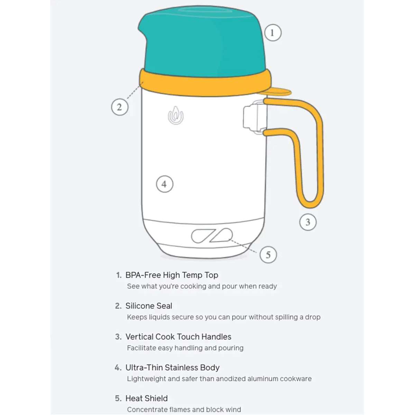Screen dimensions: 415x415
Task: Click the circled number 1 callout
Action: tap(273, 33)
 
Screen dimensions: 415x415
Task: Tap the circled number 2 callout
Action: tap(120, 107)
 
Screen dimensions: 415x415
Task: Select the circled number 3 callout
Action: tap(308, 222)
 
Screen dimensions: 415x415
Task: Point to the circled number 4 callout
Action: tap(165, 184)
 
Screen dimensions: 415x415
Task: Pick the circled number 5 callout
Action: tap(268, 255)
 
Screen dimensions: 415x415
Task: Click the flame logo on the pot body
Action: tap(176, 116)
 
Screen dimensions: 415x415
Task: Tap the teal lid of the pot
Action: tap(202, 41)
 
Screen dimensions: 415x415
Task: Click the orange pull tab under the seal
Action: tap(276, 91)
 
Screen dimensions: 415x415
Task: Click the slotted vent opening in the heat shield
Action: tap(212, 236)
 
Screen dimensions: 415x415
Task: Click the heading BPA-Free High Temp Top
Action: tap(172, 275)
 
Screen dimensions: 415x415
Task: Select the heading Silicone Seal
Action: tap(149, 306)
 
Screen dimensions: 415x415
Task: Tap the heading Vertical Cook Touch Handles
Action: tap(178, 337)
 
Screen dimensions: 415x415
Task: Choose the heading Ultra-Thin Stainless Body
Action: tap(173, 368)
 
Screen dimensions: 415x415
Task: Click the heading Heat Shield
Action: tap(146, 398)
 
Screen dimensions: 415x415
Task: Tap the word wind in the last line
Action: tap(233, 409)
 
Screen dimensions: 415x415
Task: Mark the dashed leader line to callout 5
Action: tap(243, 246)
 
